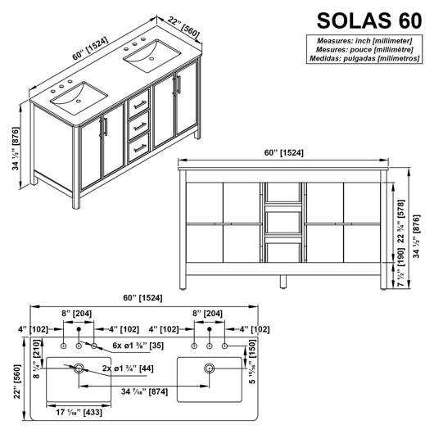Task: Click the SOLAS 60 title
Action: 369,20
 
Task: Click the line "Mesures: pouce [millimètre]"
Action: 364,50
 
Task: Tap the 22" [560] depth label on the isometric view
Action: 183,27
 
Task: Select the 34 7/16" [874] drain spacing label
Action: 144,391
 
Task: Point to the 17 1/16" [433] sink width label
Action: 79,412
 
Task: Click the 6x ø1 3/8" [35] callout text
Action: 138,346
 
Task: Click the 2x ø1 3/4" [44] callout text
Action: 128,368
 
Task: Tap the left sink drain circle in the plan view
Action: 79,368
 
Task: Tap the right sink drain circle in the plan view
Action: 210,368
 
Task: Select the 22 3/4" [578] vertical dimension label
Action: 401,221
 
